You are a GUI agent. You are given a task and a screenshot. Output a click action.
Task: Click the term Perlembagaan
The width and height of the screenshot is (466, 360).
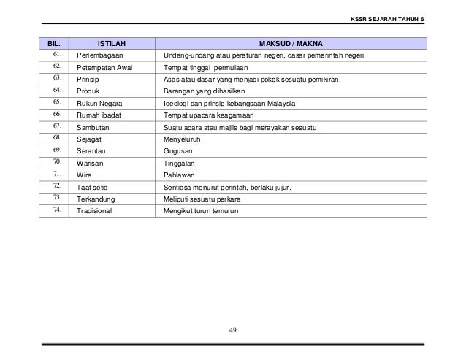(100, 55)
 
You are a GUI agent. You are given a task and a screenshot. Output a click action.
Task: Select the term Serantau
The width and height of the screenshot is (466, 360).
(92, 151)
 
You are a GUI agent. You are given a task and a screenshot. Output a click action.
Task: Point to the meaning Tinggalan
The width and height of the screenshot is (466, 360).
(179, 164)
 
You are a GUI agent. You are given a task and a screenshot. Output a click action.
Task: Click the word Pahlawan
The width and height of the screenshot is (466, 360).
(179, 175)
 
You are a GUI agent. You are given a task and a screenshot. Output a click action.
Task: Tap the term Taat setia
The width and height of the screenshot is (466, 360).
(93, 188)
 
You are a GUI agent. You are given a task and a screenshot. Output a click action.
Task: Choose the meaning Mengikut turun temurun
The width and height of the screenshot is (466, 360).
(202, 212)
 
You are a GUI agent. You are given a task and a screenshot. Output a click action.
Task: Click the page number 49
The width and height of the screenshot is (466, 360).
(233, 329)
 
